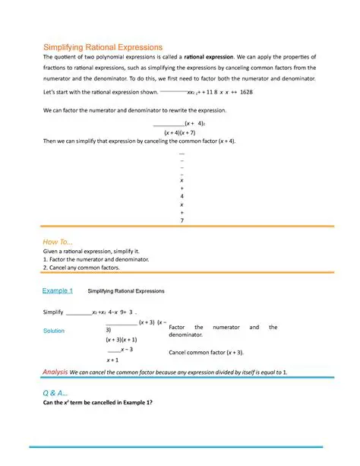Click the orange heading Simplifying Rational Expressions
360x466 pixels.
[x=102, y=47]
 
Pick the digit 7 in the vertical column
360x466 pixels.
[x=182, y=220]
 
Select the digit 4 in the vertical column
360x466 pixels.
[x=182, y=195]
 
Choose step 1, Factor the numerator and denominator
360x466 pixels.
[x=96, y=259]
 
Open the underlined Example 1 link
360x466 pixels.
[x=57, y=291]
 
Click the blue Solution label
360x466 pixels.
[x=54, y=331]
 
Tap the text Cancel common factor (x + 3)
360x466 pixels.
[x=206, y=353]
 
